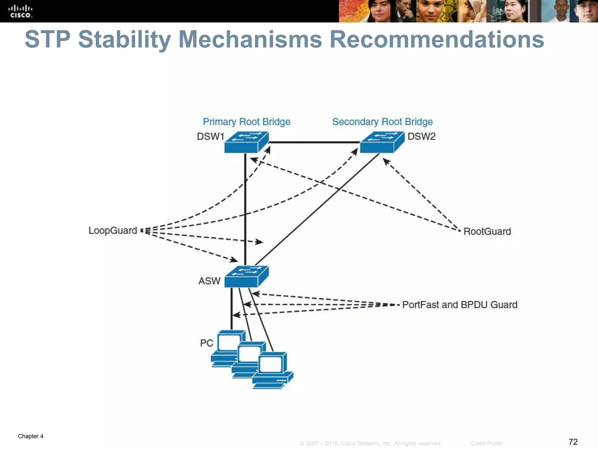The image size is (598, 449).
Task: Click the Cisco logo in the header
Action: (20, 11)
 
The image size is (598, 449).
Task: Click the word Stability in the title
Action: (125, 40)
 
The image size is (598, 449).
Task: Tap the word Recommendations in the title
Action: (437, 40)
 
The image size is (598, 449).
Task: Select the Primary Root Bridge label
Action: (246, 122)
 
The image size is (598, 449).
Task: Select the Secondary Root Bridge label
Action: (382, 122)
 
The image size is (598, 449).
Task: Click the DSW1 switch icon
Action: (246, 142)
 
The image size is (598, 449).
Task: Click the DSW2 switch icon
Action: (382, 142)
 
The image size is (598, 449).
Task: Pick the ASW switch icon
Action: (246, 277)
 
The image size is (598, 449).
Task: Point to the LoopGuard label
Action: (113, 230)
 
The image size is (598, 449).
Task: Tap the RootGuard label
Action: (487, 232)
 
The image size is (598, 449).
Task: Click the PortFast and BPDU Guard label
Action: (460, 305)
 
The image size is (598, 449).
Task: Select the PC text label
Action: (206, 343)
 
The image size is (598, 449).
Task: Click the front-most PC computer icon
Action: (272, 370)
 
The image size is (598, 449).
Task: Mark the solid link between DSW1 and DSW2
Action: (314, 142)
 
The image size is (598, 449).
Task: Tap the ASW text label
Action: (209, 281)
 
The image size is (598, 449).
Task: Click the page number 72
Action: (573, 441)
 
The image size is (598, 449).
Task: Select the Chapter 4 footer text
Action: (31, 436)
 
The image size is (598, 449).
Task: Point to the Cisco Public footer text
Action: (487, 443)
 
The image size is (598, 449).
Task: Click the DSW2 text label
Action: (421, 137)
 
